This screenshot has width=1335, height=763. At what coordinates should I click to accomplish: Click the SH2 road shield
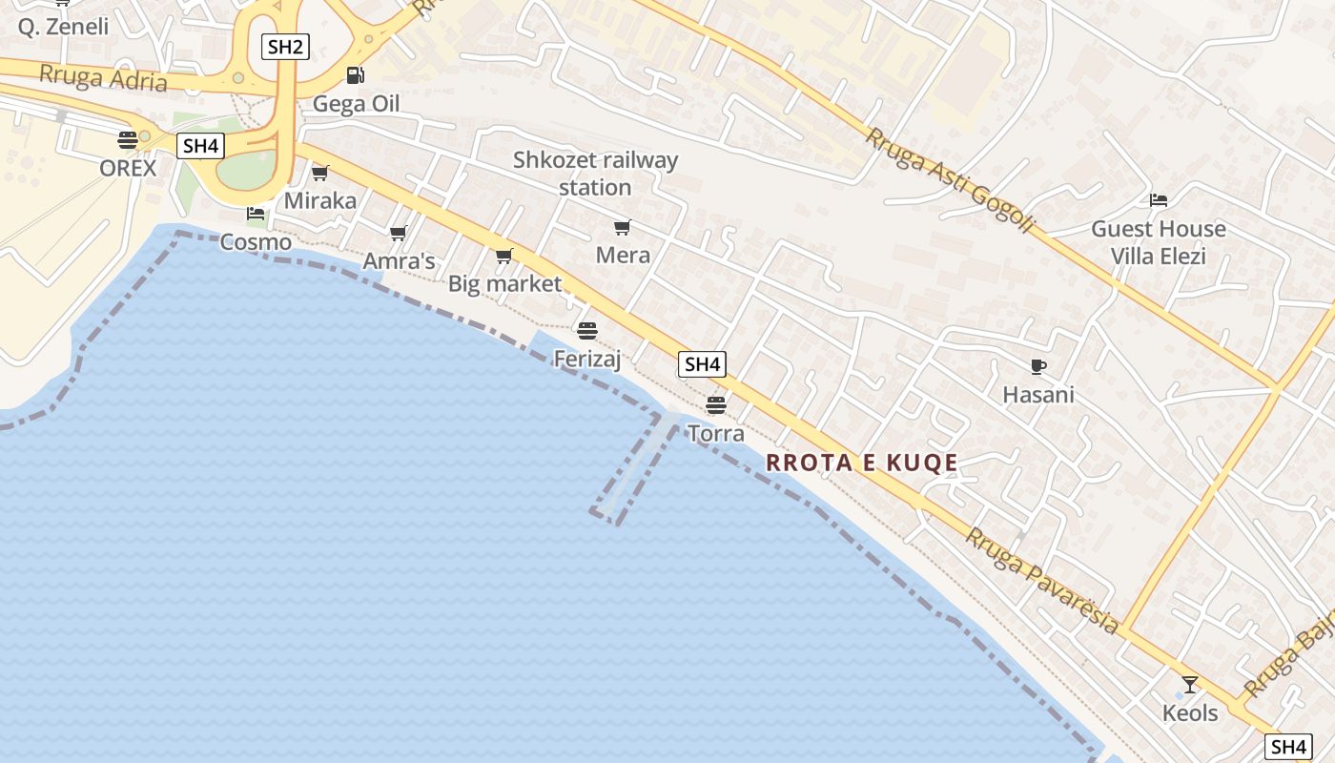pos(285,47)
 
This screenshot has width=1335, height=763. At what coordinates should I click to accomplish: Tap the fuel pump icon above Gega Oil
pos(355,74)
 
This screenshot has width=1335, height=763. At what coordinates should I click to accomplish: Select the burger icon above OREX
pos(128,140)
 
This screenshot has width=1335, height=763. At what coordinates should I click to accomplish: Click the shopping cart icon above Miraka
pos(320,173)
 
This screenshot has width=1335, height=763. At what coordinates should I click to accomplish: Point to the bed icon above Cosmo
pos(255,214)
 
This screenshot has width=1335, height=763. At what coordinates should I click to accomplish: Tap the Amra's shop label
pos(399,261)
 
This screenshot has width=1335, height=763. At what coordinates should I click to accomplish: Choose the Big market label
pos(504,283)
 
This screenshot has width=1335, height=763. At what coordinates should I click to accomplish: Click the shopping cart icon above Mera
pos(623,227)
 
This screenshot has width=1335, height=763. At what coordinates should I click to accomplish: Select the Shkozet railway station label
pos(595,174)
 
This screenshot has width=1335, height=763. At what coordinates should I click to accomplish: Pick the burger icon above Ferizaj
pos(587,330)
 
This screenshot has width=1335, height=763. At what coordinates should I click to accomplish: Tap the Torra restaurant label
pos(715,434)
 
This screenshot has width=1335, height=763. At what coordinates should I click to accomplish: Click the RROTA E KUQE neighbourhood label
pos(862,464)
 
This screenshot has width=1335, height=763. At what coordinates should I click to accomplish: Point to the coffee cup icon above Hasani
pos(1038,366)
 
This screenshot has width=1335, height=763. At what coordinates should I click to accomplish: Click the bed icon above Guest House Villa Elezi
pos(1159,200)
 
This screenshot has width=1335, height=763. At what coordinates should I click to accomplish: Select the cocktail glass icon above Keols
pos(1190,684)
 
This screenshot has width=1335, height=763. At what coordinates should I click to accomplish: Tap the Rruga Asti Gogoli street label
pos(950,180)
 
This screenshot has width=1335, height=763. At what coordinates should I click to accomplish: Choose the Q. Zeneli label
pos(63,27)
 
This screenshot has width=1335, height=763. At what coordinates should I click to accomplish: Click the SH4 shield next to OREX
pos(200,146)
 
